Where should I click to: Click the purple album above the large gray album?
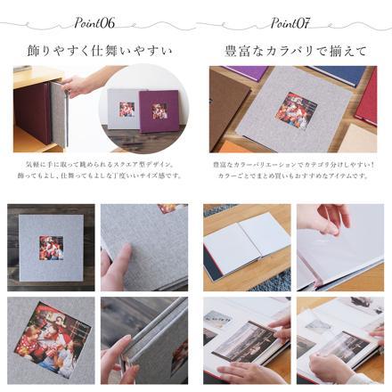(x=267, y=74)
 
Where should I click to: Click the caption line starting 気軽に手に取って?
(x=98, y=164)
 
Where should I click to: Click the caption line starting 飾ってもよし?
(x=98, y=176)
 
